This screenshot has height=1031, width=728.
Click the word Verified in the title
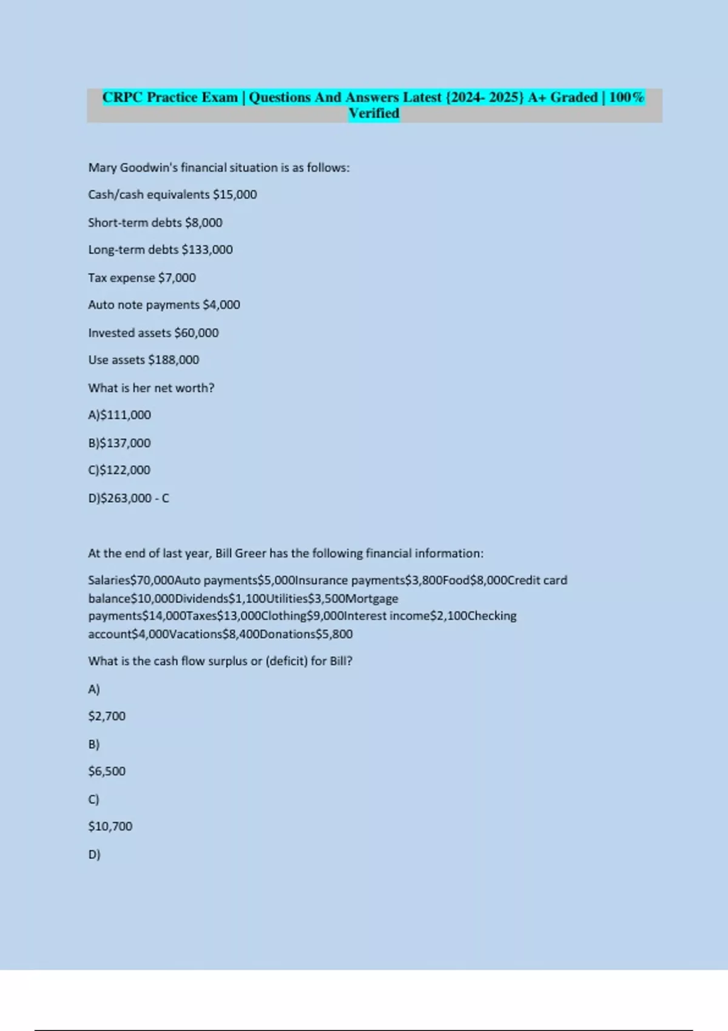coord(374,113)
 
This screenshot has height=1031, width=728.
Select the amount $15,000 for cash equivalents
coord(235,195)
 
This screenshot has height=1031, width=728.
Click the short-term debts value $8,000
coord(203,223)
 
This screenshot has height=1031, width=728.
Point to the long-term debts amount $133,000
coord(207,250)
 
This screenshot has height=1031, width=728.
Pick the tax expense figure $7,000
coord(177,278)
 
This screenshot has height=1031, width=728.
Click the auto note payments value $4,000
coord(221,305)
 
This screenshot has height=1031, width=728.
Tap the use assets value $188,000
coord(174,360)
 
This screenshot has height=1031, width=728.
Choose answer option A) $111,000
coord(120,415)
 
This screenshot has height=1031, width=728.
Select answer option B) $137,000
coord(120,443)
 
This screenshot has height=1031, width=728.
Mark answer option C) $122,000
coord(120,471)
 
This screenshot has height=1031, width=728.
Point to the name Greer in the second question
coord(251,554)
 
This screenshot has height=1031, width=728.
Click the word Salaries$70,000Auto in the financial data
coord(144,580)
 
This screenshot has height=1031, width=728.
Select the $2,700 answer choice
coord(107,716)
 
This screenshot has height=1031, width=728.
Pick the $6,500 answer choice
coord(107,771)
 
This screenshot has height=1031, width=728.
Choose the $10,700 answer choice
coord(110,827)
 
